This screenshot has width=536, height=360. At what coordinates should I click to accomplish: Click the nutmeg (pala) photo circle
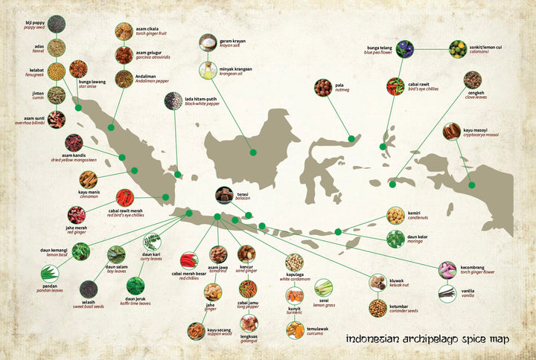pos(322,88)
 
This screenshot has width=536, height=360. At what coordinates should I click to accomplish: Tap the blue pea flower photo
pos(404,49)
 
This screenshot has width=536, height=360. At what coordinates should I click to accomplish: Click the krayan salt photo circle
pos(208,43)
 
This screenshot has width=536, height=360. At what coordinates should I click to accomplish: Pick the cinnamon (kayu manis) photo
pos(89,179)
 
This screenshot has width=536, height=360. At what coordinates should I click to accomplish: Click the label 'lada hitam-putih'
pos(201,98)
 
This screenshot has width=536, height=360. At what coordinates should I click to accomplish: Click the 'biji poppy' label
pos(35,23)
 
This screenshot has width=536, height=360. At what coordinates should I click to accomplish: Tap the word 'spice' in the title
pos(465,339)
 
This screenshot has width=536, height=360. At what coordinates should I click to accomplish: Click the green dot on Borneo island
pos(252,152)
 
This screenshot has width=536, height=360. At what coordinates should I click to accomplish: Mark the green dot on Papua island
pos(471,184)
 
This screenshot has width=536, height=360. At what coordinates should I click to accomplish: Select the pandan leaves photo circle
pos(49,273)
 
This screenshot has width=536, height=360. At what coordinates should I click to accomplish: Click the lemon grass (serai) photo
pos(324,287)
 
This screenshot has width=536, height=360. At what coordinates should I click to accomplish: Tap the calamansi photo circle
pos(457,49)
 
